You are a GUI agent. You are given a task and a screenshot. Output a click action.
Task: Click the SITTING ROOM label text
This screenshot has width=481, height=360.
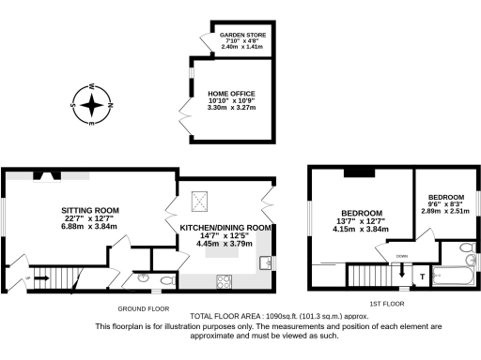tap(89, 211)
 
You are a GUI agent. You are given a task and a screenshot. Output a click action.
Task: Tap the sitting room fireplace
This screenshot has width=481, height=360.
tap(44, 174)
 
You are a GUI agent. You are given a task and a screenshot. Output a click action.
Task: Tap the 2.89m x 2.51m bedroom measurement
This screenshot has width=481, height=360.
tap(443, 211)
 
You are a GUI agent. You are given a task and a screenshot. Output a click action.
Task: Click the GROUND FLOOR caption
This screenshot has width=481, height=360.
tap(144, 307)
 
